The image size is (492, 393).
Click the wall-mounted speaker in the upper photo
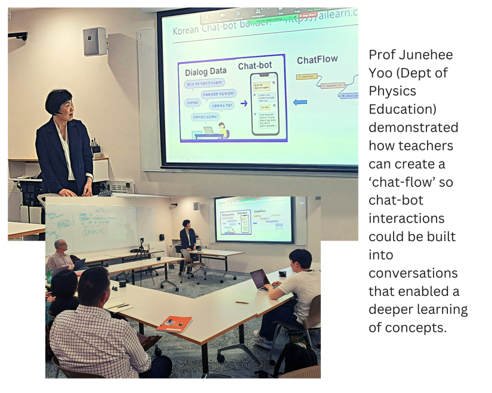95,42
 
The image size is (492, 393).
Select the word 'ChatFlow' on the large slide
317,60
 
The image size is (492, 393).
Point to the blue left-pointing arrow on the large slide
301,102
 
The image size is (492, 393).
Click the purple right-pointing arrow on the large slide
243,103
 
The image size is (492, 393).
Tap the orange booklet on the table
174,324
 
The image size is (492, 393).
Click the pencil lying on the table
242,302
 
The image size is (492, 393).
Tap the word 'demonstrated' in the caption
413,127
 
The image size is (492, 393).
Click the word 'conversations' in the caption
413,273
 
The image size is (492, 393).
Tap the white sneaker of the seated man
262,340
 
